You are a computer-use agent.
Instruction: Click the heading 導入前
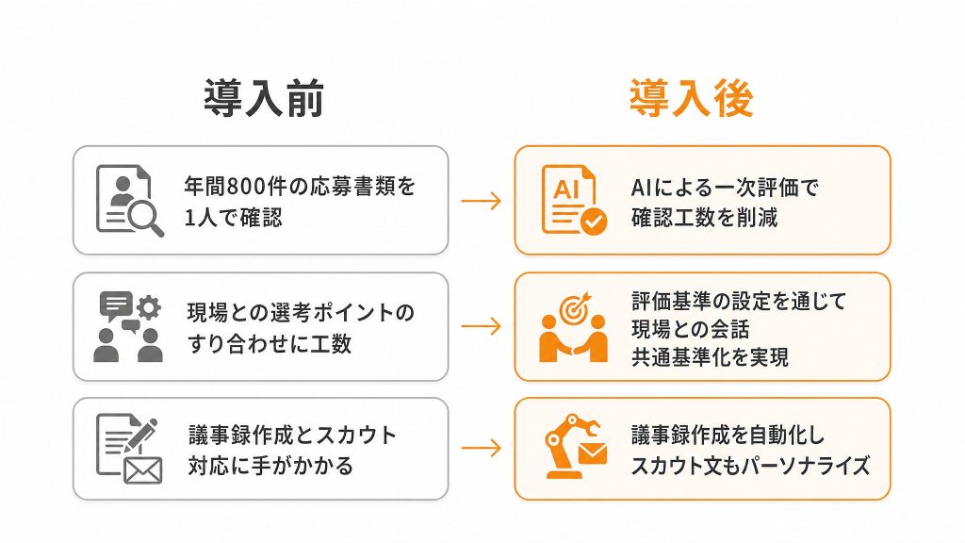pyautogui.click(x=264, y=98)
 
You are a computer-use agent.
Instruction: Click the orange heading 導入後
pyautogui.click(x=691, y=98)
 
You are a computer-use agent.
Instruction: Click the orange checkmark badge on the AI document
pyautogui.click(x=594, y=222)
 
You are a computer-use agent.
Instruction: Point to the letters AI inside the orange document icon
pyautogui.click(x=566, y=189)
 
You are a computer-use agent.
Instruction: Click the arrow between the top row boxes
pyautogui.click(x=482, y=201)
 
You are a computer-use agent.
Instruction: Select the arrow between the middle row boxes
pyautogui.click(x=482, y=325)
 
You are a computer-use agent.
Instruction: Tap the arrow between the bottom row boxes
pyautogui.click(x=482, y=448)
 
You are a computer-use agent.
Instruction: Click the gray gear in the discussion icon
pyautogui.click(x=148, y=306)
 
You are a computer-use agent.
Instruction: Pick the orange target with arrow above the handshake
pyautogui.click(x=574, y=308)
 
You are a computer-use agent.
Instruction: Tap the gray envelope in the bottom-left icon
pyautogui.click(x=143, y=471)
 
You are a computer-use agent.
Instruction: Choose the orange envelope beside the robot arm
pyautogui.click(x=592, y=454)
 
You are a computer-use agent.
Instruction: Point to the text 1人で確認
pyautogui.click(x=234, y=218)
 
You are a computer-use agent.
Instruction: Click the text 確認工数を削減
pyautogui.click(x=705, y=218)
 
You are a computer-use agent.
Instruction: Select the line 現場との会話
pyautogui.click(x=691, y=329)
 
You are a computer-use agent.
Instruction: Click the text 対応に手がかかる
pyautogui.click(x=270, y=466)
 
